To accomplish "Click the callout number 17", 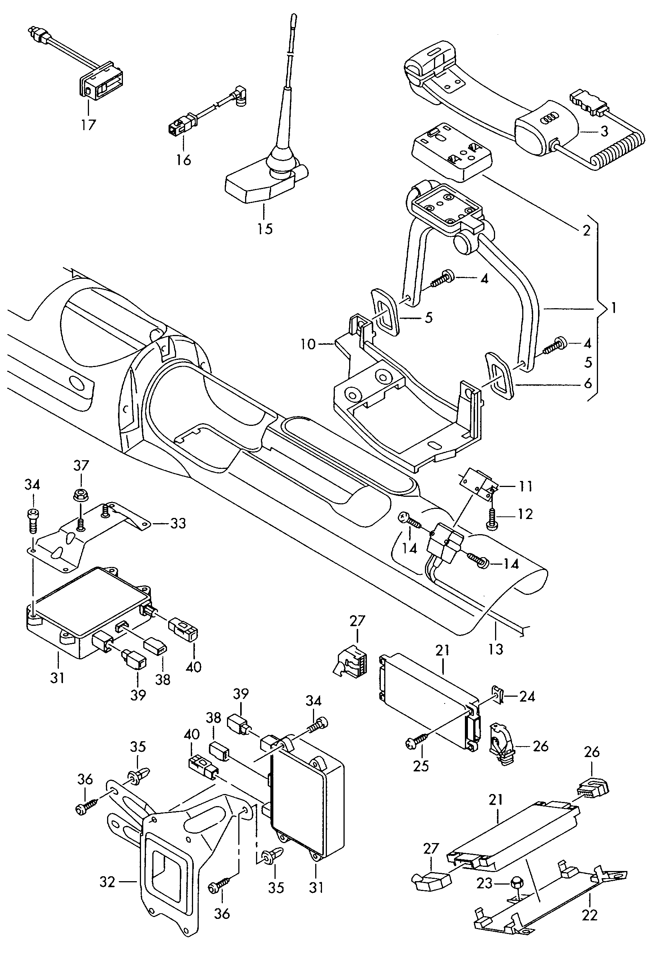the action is [89, 124].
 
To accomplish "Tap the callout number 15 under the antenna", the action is [265, 229].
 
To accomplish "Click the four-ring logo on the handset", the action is [549, 119].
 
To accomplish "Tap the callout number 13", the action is [496, 649].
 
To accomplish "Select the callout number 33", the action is [178, 523].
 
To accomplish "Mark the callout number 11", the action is [526, 486].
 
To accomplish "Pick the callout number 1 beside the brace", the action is [613, 309].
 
